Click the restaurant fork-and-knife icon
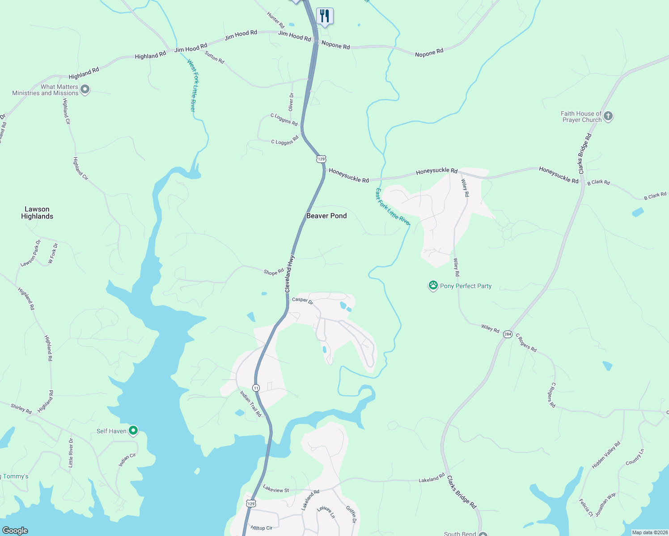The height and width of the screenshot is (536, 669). (325, 16)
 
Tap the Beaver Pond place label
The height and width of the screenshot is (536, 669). (326, 216)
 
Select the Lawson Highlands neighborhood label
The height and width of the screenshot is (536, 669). (37, 213)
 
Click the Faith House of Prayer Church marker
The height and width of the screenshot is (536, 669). (608, 116)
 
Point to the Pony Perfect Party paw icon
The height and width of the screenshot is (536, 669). (433, 285)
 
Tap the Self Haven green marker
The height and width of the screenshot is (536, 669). (133, 431)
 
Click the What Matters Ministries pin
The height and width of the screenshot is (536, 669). (85, 89)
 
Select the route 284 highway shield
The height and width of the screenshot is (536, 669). (508, 334)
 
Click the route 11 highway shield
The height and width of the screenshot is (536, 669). (256, 388)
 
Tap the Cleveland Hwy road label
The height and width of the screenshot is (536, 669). (290, 274)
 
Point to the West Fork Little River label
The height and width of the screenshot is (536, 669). (192, 85)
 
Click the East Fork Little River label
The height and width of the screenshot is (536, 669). (392, 207)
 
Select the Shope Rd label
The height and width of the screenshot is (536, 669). (274, 272)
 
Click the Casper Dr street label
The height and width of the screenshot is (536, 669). (302, 300)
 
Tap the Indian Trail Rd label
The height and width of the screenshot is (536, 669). (250, 404)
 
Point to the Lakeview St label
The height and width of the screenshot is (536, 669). (276, 490)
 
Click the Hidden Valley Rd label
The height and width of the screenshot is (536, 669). (606, 455)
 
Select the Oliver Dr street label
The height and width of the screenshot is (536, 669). (291, 102)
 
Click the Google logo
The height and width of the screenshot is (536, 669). (15, 530)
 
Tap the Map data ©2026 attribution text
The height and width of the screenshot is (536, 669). (650, 532)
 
